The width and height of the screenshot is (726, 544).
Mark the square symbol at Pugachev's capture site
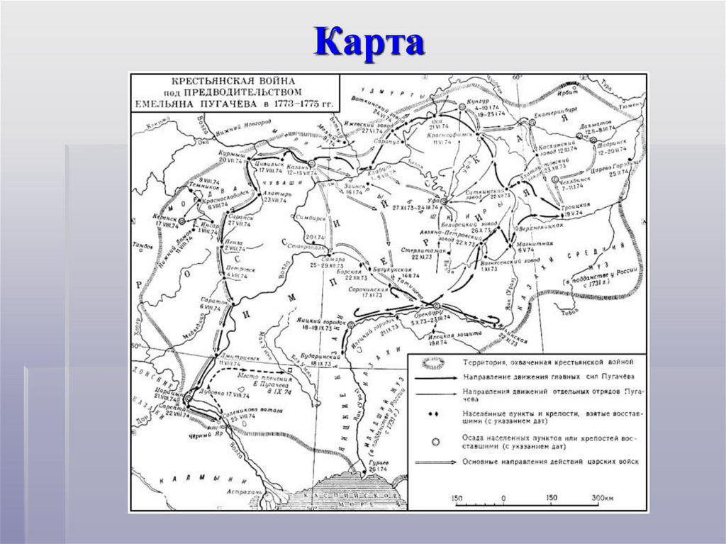click(290, 370)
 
